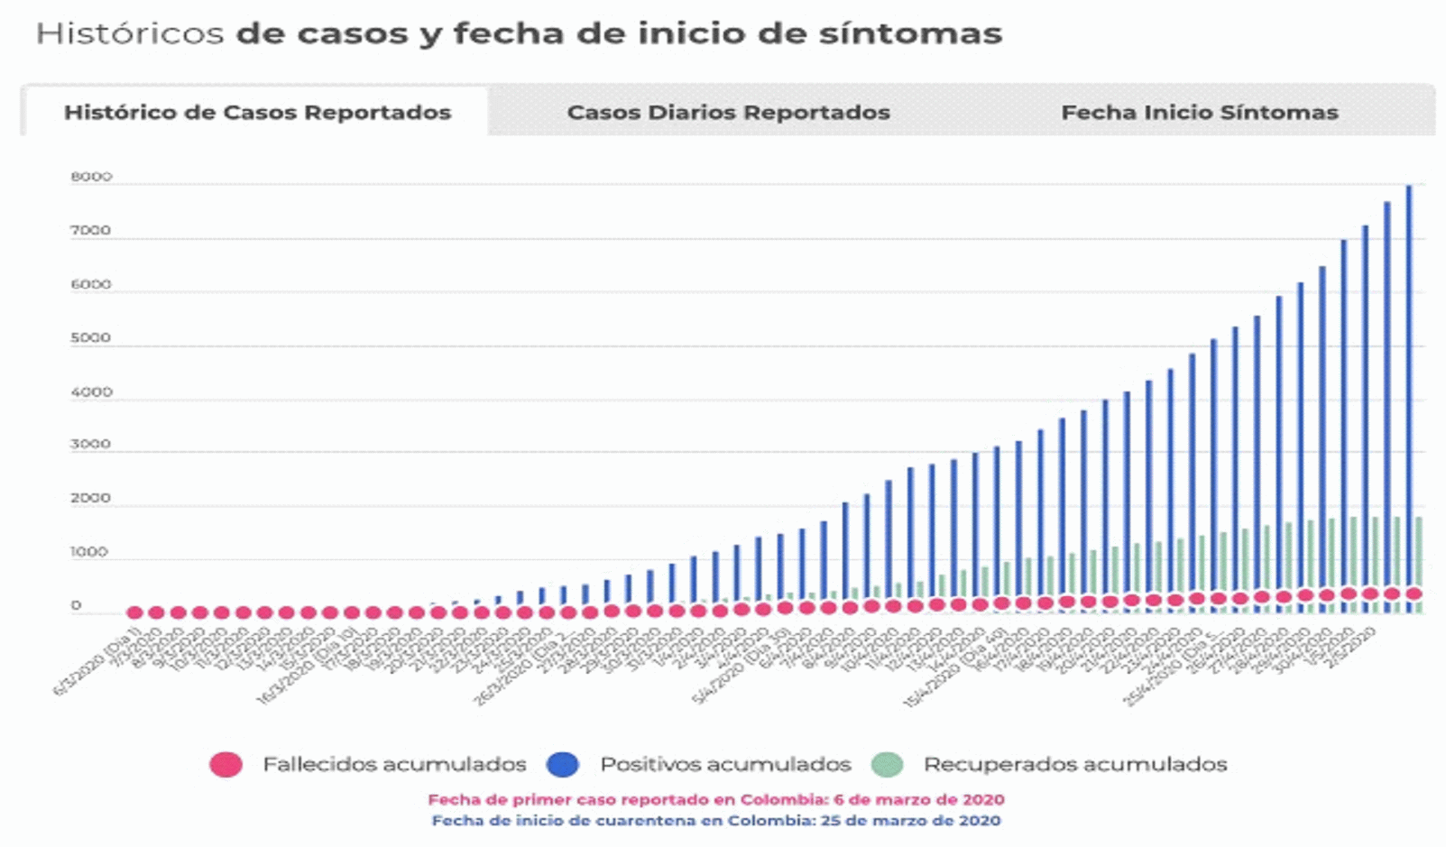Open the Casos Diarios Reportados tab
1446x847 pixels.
coord(728,113)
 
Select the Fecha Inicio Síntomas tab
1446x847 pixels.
coord(1199,113)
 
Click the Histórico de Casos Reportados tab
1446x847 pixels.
coord(257,113)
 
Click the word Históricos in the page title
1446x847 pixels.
coord(129,34)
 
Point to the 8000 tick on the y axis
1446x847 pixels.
coord(91,178)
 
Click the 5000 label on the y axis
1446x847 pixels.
coord(91,338)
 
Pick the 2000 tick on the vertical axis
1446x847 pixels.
coord(91,499)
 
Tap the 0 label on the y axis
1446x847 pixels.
coord(77,606)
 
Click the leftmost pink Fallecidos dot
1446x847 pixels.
coord(134,612)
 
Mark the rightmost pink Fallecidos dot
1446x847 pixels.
coord(1414,594)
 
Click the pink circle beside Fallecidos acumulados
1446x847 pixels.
coord(226,765)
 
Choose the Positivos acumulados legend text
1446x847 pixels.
coord(725,765)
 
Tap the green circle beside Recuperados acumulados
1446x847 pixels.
coord(887,765)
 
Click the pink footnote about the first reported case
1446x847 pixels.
coord(715,800)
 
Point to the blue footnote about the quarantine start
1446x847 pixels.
coord(715,821)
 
